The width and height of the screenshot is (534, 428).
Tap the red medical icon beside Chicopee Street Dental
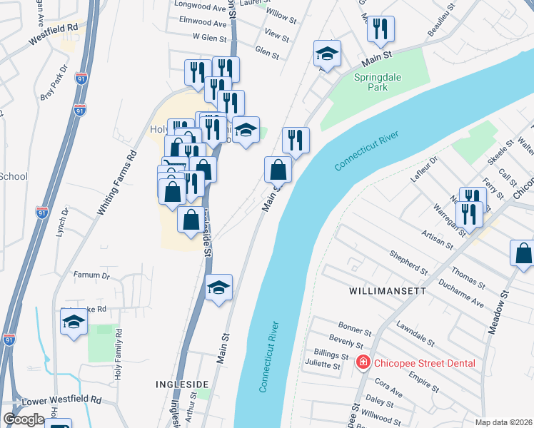click(363, 363)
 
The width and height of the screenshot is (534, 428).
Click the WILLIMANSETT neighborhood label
click(387, 292)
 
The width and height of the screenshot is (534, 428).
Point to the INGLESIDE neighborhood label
click(181, 384)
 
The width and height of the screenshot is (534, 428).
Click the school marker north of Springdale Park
click(327, 53)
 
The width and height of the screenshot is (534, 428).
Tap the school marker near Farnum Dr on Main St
click(218, 287)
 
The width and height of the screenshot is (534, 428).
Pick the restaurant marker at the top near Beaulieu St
click(380, 29)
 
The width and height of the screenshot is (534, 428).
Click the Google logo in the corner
click(24, 419)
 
